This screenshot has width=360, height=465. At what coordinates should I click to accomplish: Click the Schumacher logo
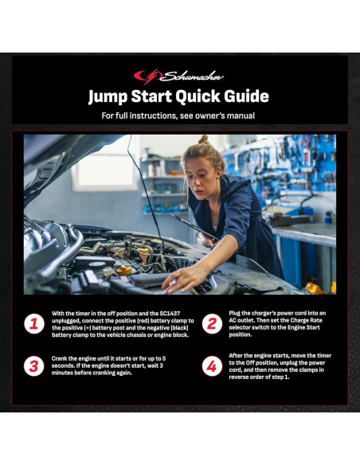[178, 76]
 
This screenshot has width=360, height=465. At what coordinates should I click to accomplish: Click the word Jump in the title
[108, 96]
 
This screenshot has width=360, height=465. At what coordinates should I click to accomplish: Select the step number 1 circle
[34, 323]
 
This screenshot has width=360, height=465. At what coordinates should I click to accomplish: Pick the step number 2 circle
[212, 323]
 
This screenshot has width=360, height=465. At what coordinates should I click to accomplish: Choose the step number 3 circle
[34, 366]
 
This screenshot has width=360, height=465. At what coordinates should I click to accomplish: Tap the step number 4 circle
[212, 366]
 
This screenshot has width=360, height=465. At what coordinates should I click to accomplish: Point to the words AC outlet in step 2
[241, 320]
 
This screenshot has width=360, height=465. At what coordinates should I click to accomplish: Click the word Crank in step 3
[59, 358]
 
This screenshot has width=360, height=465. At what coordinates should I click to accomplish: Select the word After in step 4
[236, 356]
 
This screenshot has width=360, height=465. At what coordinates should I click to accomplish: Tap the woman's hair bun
[203, 139]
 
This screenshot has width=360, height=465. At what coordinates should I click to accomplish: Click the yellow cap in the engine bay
[124, 270]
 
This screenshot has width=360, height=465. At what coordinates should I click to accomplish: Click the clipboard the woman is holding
[194, 227]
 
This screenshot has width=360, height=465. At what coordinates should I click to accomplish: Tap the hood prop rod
[145, 190]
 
